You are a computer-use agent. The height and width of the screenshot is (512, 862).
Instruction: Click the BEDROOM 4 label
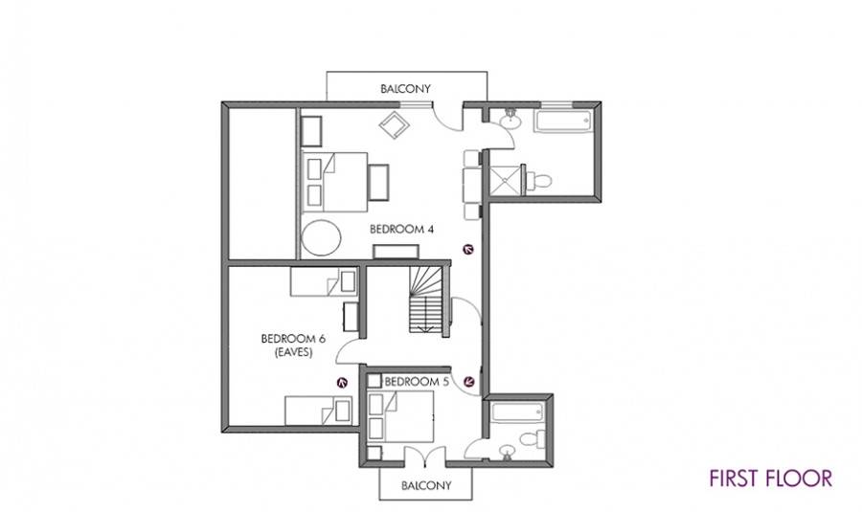tap(401, 229)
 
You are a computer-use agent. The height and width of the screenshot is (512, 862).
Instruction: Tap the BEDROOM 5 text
tap(417, 381)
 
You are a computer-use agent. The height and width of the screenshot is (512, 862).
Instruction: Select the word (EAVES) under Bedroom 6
tap(293, 352)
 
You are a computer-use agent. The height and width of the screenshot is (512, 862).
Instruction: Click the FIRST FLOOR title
tap(770, 478)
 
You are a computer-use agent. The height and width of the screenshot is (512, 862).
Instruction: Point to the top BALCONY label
tap(406, 88)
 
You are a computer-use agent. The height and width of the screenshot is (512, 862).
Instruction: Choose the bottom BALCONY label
tap(426, 485)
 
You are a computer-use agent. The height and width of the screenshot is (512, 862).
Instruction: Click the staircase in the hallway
tap(425, 300)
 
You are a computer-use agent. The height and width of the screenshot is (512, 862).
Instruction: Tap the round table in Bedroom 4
tap(321, 238)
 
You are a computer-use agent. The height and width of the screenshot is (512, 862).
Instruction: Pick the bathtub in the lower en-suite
tap(517, 412)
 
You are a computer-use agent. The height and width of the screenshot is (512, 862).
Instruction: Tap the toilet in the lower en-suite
tap(532, 439)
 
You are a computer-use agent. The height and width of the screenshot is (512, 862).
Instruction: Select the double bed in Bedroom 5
tap(400, 417)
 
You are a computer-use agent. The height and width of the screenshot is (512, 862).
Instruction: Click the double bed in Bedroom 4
tap(334, 182)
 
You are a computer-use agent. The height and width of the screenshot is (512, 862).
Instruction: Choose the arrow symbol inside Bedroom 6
tap(343, 383)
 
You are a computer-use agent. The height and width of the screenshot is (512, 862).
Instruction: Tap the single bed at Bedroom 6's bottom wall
tap(318, 411)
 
